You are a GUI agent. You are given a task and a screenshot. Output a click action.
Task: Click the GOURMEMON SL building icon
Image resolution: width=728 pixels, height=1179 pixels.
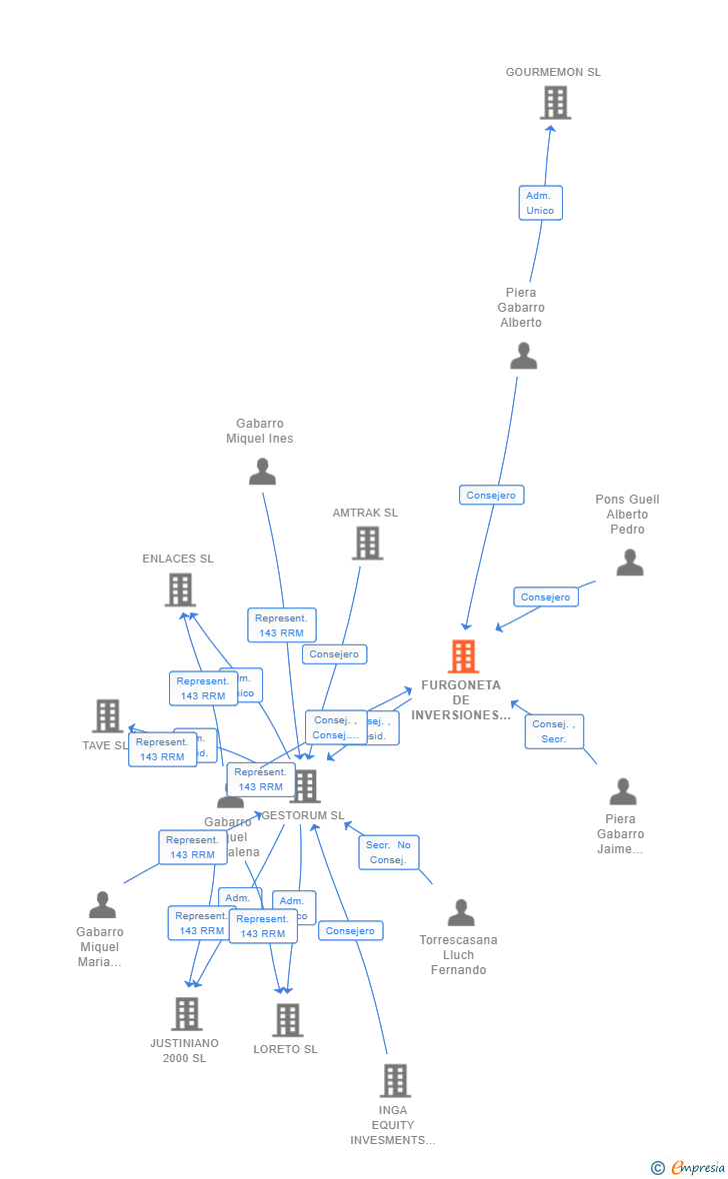point(555,102)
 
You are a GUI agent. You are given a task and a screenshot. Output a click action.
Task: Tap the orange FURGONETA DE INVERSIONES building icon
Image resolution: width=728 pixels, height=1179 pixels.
point(463,656)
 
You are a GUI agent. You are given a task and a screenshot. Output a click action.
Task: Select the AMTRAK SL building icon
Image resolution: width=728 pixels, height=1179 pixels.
point(368,543)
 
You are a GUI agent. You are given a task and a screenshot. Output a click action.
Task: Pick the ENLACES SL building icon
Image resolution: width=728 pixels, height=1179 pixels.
point(180,589)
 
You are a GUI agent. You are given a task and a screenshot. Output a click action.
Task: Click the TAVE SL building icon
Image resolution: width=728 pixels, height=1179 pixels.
point(108,715)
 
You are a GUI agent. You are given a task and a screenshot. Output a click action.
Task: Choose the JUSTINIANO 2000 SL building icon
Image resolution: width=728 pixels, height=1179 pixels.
point(187,1013)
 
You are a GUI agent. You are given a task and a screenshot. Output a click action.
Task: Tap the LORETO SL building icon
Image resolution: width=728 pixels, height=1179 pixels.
point(288,1019)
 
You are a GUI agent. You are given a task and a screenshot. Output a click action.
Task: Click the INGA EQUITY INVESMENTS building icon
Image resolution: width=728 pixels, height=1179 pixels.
point(395,1080)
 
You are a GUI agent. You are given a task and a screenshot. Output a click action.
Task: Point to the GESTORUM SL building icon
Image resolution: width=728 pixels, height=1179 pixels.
point(305,786)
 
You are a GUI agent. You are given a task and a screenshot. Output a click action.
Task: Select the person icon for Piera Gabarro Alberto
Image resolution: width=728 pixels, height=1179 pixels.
point(523,356)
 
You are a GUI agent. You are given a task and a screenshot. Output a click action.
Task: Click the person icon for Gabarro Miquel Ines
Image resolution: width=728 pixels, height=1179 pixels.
point(262,472)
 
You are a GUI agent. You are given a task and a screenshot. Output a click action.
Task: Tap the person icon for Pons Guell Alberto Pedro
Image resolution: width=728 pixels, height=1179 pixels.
point(630,563)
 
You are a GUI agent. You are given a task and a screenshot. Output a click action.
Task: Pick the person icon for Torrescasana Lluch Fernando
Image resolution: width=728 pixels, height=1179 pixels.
point(461,912)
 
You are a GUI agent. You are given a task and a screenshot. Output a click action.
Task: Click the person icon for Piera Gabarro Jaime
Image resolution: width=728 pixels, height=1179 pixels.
point(623,792)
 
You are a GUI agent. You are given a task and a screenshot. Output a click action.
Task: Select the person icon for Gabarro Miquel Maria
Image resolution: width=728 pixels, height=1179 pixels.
point(102,905)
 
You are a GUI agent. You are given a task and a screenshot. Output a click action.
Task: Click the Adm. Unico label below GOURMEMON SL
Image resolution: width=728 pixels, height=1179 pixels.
point(540,203)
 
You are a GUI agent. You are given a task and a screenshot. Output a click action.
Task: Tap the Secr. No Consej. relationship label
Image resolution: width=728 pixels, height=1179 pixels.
point(388,852)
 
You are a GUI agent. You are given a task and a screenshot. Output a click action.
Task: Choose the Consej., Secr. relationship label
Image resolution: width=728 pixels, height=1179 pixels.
point(554,731)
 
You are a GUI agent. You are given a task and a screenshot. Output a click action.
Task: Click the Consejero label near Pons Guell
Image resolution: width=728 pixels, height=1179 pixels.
point(546,596)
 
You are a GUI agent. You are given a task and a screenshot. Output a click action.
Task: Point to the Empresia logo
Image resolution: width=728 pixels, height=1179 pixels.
point(690,1167)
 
